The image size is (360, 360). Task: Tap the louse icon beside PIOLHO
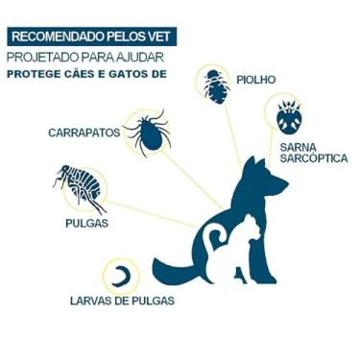coord(215,84)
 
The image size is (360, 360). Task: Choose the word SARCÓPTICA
coord(308,160)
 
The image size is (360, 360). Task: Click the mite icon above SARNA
coord(289,117)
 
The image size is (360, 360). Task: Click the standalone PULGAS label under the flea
coord(87,223)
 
